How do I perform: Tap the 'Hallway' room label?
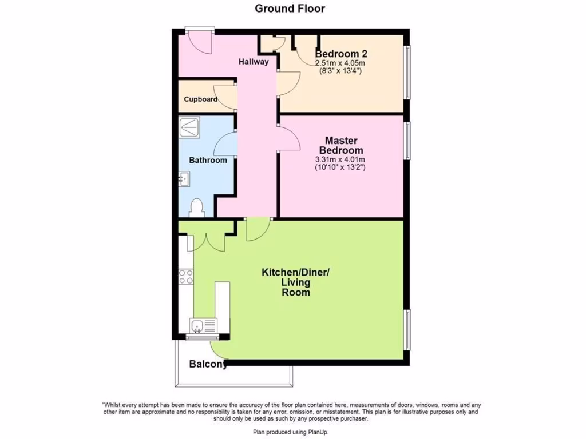(x=254, y=62)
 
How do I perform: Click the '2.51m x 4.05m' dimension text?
(x=340, y=63)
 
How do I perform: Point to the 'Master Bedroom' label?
(x=341, y=145)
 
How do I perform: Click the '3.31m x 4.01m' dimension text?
(x=340, y=159)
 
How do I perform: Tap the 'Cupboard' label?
(x=200, y=99)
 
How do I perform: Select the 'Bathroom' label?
(x=208, y=160)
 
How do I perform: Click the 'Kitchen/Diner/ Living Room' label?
(x=295, y=282)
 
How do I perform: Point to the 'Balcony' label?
(x=208, y=364)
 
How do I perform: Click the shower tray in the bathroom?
(x=189, y=127)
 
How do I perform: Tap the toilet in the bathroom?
(x=196, y=207)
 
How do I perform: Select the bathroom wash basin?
(x=183, y=180)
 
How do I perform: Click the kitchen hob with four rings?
(x=186, y=277)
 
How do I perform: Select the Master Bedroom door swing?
(x=288, y=139)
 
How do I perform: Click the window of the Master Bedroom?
(x=407, y=140)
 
